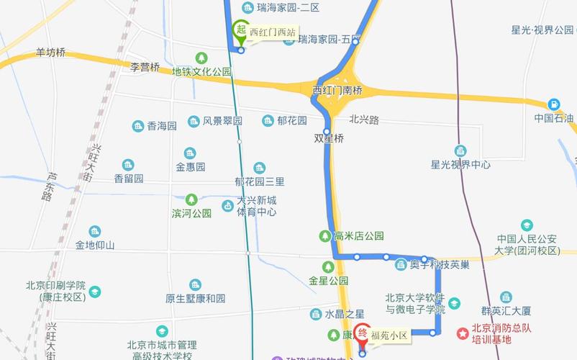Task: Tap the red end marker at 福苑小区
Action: point(363,335)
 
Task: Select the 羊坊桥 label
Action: point(50,53)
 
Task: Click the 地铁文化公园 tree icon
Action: point(202,58)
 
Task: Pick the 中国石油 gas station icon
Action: point(553,104)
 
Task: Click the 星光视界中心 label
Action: point(460,164)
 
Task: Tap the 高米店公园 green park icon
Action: point(325,235)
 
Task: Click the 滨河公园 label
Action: point(192,213)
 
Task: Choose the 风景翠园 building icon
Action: point(194,121)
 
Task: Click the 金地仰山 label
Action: point(95,245)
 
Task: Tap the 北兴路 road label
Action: point(364,120)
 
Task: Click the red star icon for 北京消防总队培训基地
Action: point(463,334)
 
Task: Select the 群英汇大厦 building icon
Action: point(506,297)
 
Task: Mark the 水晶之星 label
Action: point(345,314)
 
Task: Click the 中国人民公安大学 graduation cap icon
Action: point(527,225)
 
